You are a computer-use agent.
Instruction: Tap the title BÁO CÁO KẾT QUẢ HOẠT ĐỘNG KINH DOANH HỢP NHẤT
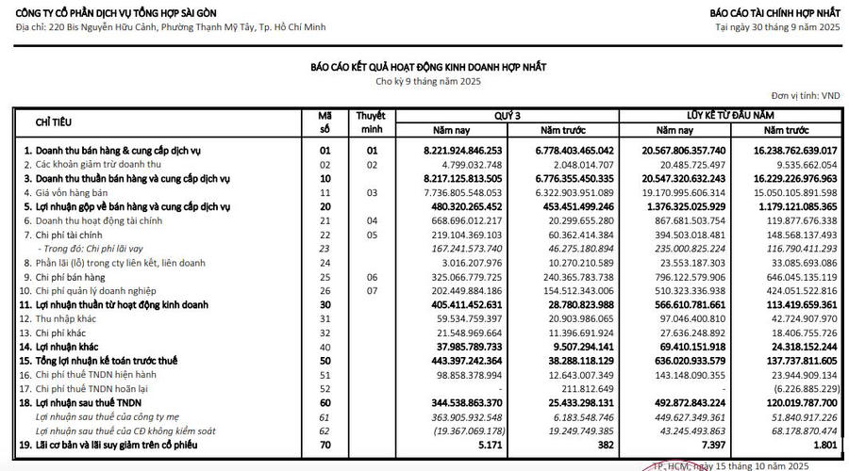coord(428,68)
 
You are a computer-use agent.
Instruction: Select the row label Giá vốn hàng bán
coord(73,191)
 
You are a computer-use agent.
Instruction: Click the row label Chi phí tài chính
coord(69,234)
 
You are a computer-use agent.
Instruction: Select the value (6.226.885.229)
coord(797,388)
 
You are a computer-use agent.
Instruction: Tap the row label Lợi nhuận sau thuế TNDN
coord(89,402)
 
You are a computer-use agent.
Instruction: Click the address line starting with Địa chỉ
coord(170,27)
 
